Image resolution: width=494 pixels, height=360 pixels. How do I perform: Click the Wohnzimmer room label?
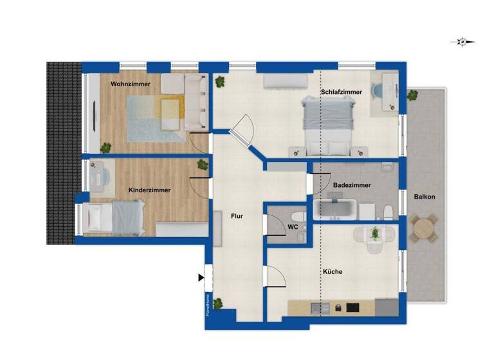click(131, 84)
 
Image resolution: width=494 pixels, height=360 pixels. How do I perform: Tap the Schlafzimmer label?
click(341, 92)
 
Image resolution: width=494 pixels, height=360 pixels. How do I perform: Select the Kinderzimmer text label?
click(149, 190)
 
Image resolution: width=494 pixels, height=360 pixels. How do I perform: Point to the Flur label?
click(237, 217)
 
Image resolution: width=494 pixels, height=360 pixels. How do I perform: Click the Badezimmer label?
click(351, 185)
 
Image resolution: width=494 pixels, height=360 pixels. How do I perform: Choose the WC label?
click(293, 227)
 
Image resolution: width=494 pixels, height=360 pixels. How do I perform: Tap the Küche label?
click(332, 271)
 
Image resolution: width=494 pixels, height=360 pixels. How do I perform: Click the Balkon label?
click(425, 197)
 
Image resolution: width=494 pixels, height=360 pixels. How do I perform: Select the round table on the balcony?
click(424, 228)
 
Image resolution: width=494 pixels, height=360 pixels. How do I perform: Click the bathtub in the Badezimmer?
click(334, 209)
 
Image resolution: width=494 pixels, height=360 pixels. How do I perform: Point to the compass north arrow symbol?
click(462, 42)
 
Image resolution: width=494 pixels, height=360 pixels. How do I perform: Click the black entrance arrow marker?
click(201, 277)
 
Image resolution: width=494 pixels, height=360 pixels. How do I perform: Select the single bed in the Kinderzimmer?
click(113, 217)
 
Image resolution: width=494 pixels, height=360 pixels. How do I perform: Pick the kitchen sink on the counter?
click(318, 308)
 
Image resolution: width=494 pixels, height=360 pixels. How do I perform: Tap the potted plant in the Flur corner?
click(219, 303)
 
